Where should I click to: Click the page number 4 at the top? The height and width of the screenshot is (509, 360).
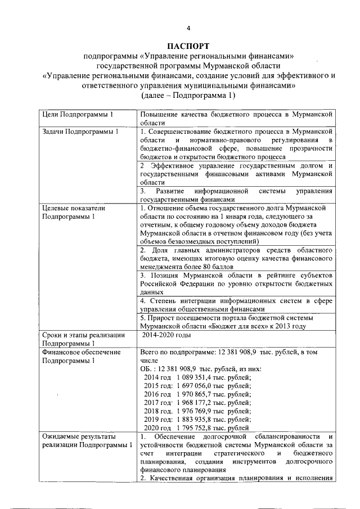pos(188,28)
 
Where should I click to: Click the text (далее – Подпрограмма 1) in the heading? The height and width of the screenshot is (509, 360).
pos(188,96)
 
